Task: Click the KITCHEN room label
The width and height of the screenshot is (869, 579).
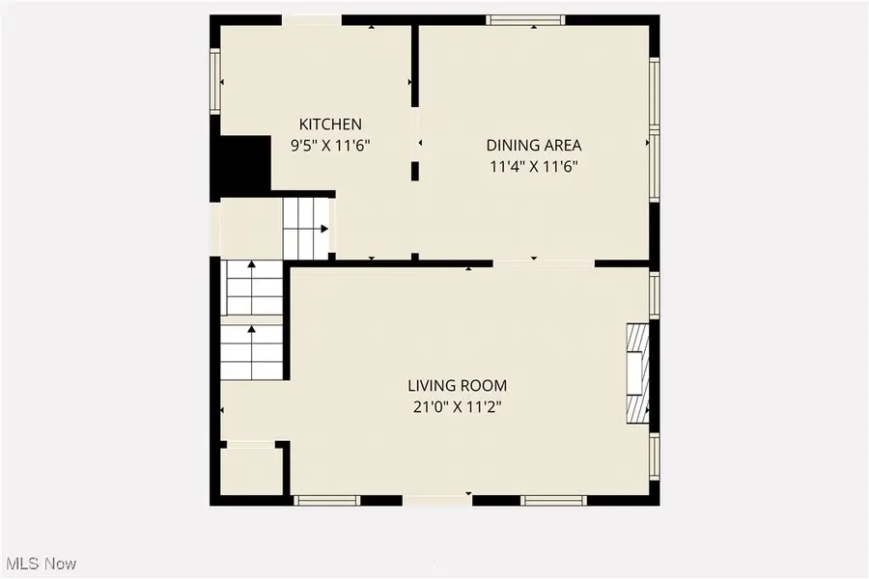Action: pyautogui.click(x=330, y=124)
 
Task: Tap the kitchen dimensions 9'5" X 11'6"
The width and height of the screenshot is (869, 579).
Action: pyautogui.click(x=331, y=146)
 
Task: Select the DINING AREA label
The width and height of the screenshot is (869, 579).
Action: pyautogui.click(x=533, y=146)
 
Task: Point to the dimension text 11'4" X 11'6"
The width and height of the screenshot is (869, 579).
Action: pyautogui.click(x=534, y=166)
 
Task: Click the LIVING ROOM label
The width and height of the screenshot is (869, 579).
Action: pyautogui.click(x=457, y=386)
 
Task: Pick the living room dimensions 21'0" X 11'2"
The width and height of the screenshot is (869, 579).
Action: pyautogui.click(x=457, y=407)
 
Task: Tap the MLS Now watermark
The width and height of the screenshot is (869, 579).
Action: pyautogui.click(x=42, y=563)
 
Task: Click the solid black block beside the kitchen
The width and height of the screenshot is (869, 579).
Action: pyautogui.click(x=241, y=166)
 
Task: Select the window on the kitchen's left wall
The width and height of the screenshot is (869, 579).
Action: pyautogui.click(x=215, y=81)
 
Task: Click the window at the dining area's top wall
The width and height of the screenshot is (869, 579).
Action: pyautogui.click(x=525, y=19)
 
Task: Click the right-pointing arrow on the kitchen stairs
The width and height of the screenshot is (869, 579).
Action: pyautogui.click(x=323, y=229)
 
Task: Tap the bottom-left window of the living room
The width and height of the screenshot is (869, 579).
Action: pyautogui.click(x=325, y=500)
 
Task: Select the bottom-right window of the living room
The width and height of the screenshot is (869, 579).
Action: pyautogui.click(x=553, y=500)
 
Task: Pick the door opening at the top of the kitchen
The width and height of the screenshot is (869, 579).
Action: pyautogui.click(x=312, y=19)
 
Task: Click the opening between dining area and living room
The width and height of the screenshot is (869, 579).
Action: pyautogui.click(x=544, y=262)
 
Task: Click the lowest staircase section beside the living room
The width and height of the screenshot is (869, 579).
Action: pyautogui.click(x=252, y=351)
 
